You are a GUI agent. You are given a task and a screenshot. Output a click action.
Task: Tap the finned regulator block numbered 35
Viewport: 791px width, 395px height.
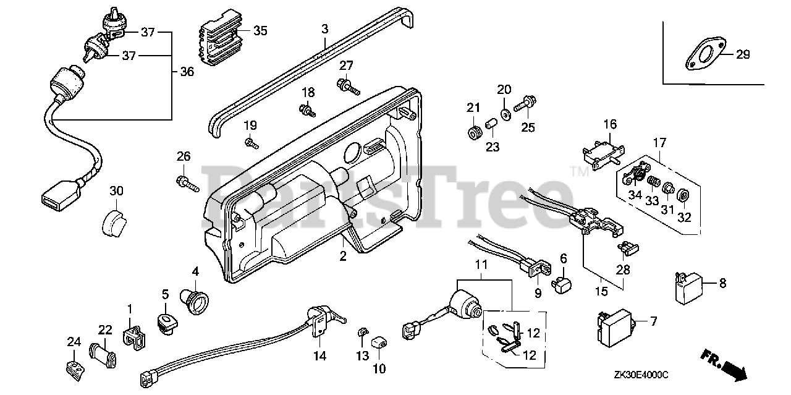[x=221, y=38]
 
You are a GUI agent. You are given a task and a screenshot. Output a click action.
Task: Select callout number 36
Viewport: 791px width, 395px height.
[x=187, y=72]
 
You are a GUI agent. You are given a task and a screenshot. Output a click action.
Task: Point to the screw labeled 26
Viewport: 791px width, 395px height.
[x=187, y=184]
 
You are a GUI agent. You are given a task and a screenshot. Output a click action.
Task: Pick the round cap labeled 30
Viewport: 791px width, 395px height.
[x=114, y=223]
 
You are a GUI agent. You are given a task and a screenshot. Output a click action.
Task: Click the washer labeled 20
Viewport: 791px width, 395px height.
[x=505, y=115]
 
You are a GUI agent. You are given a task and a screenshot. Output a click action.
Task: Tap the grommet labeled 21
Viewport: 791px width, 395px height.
[x=473, y=134]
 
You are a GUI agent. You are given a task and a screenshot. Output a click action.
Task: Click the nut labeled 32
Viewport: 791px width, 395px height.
[x=683, y=195]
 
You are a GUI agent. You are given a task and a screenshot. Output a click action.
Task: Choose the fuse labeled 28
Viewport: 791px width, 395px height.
[x=628, y=248]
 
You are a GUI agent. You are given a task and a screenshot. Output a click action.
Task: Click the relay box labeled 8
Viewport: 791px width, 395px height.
[x=688, y=288]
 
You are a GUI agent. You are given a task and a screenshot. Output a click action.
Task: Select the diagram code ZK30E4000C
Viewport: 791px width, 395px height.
[x=641, y=375]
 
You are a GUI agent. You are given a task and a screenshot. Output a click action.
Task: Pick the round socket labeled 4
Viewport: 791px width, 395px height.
[x=194, y=302]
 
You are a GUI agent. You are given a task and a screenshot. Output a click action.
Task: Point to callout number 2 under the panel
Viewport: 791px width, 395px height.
[x=343, y=256]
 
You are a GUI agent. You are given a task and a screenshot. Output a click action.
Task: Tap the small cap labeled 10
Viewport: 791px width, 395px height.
[x=379, y=342]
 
